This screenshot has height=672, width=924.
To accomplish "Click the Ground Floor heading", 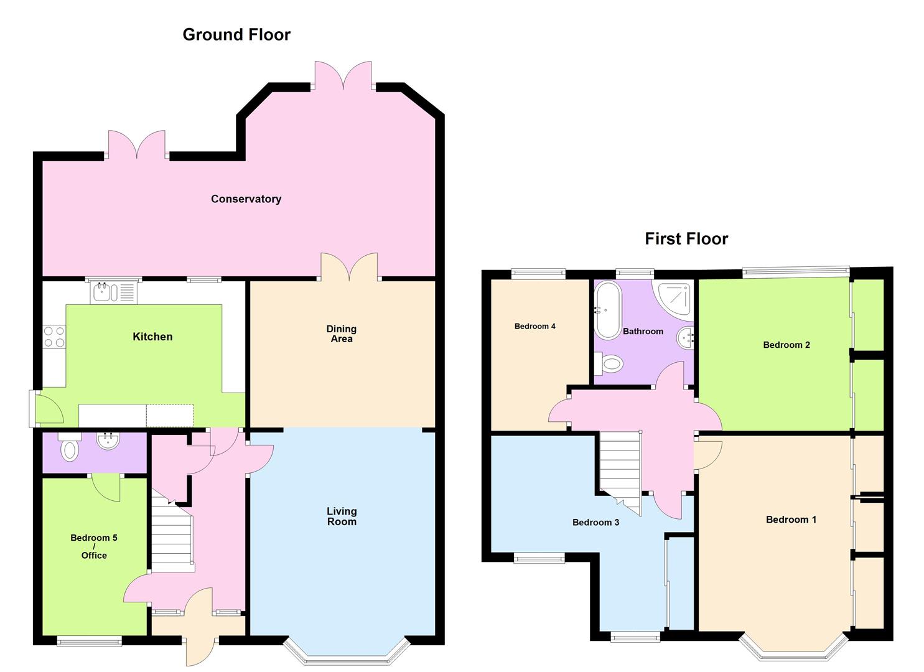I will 236,35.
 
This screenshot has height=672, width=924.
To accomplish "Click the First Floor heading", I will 686,239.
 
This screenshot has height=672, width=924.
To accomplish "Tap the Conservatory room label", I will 246,199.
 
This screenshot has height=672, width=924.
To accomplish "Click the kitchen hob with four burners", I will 54,337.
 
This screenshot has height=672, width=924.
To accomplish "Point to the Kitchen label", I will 152,337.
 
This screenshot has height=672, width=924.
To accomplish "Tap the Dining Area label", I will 342,334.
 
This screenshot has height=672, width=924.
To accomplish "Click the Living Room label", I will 342,516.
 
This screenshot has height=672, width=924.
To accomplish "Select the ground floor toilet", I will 70,447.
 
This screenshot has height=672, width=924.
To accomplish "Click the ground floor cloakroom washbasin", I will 108,441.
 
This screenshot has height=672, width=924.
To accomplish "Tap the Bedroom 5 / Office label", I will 94,546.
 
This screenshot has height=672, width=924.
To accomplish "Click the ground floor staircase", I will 172,538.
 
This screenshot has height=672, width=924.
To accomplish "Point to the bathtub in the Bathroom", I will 607,309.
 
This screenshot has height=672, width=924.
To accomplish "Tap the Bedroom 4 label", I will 535,326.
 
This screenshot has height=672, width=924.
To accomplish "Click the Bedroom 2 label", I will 786,345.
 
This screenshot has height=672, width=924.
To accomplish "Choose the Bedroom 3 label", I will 595,522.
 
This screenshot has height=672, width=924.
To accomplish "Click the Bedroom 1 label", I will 791,520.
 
